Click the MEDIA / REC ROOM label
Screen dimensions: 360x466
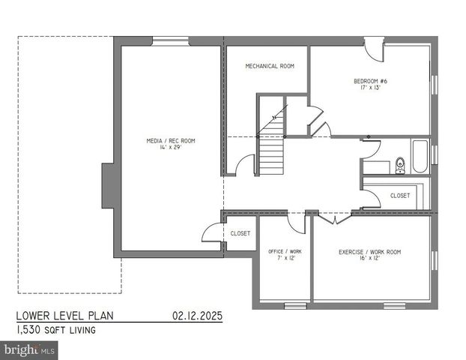coord(171,140)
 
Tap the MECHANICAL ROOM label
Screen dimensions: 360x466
coord(270,66)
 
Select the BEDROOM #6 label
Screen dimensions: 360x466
coord(371,80)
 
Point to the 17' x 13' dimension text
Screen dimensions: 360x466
coord(371,88)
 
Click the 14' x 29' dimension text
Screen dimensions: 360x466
coord(171,148)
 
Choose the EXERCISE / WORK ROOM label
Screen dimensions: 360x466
coord(369,252)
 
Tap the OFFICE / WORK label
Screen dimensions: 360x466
coord(285,251)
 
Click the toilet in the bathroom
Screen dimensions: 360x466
coord(399,163)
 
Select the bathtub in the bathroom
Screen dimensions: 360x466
coord(420,157)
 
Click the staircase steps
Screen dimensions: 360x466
coord(271,155)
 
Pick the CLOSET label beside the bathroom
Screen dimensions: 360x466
coord(400,195)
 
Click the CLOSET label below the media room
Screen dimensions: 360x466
coord(240,233)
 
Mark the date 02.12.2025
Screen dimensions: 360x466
coord(196,316)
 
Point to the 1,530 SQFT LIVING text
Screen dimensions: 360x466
coord(56,329)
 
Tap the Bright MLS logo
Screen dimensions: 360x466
coord(30,349)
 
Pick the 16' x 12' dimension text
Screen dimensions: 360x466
coord(369,259)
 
